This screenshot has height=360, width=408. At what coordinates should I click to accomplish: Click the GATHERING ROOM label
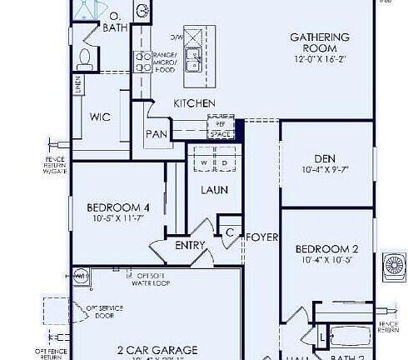pos(319,42)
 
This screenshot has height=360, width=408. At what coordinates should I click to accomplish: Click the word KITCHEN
pos(194,102)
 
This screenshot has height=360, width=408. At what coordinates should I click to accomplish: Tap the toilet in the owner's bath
pos(84,56)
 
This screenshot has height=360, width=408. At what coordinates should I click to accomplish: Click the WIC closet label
pos(100,117)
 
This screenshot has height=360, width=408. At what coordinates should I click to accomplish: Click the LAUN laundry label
pos(214,189)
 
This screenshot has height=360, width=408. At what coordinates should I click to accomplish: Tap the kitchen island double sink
pos(193,59)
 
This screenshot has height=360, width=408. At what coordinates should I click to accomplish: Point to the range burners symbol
pos(142,11)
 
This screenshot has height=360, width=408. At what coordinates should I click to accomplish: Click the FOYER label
pos(256,237)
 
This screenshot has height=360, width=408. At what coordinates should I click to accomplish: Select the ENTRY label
pos(190,245)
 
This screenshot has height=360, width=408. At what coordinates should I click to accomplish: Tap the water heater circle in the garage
pos(82,276)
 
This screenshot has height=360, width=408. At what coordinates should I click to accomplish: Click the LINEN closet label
pos(77,84)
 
